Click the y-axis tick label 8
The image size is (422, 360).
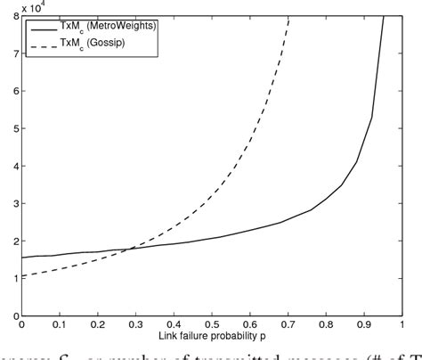13,17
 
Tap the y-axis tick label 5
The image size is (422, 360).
13,128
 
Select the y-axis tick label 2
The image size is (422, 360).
13,241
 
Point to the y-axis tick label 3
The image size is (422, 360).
13,203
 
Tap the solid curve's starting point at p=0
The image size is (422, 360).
22,258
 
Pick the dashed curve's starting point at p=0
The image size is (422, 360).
22,275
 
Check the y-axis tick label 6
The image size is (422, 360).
13,91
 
